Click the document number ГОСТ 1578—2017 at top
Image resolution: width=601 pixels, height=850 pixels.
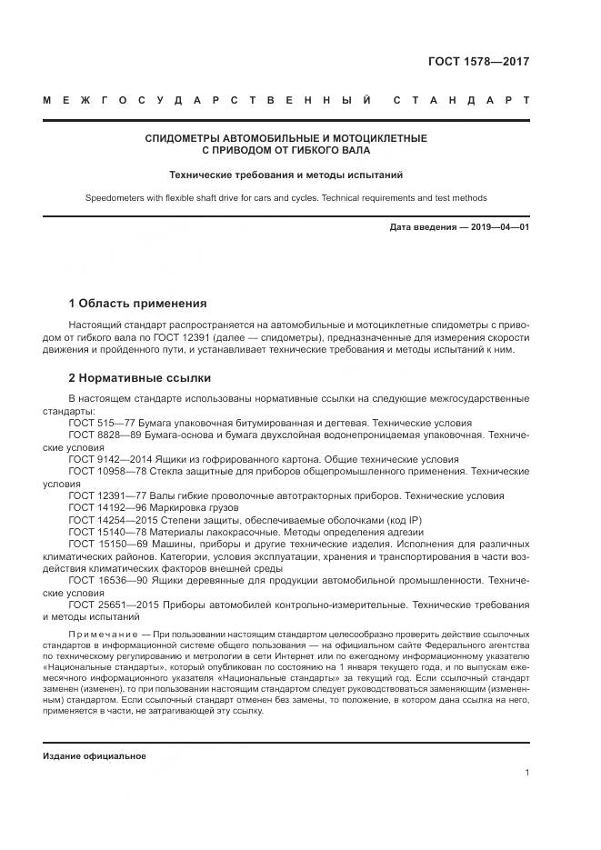click(x=478, y=62)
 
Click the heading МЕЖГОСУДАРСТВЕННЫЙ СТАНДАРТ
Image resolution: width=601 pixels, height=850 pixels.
click(x=285, y=99)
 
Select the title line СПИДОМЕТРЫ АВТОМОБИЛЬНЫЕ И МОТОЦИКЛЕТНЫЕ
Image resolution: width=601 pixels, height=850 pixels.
click(x=286, y=138)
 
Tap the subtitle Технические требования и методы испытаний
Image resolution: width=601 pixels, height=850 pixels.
click(x=286, y=174)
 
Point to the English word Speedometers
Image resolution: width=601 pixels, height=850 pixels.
click(x=115, y=197)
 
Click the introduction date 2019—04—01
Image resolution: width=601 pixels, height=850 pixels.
click(x=496, y=227)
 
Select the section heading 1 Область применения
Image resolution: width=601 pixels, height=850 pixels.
click(x=137, y=304)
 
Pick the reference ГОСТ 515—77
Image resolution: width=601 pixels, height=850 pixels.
click(x=101, y=424)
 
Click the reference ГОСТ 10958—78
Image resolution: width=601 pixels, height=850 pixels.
click(x=107, y=472)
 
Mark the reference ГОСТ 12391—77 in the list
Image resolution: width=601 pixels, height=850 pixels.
click(x=107, y=496)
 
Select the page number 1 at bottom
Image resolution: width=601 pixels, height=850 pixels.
click(x=526, y=773)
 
